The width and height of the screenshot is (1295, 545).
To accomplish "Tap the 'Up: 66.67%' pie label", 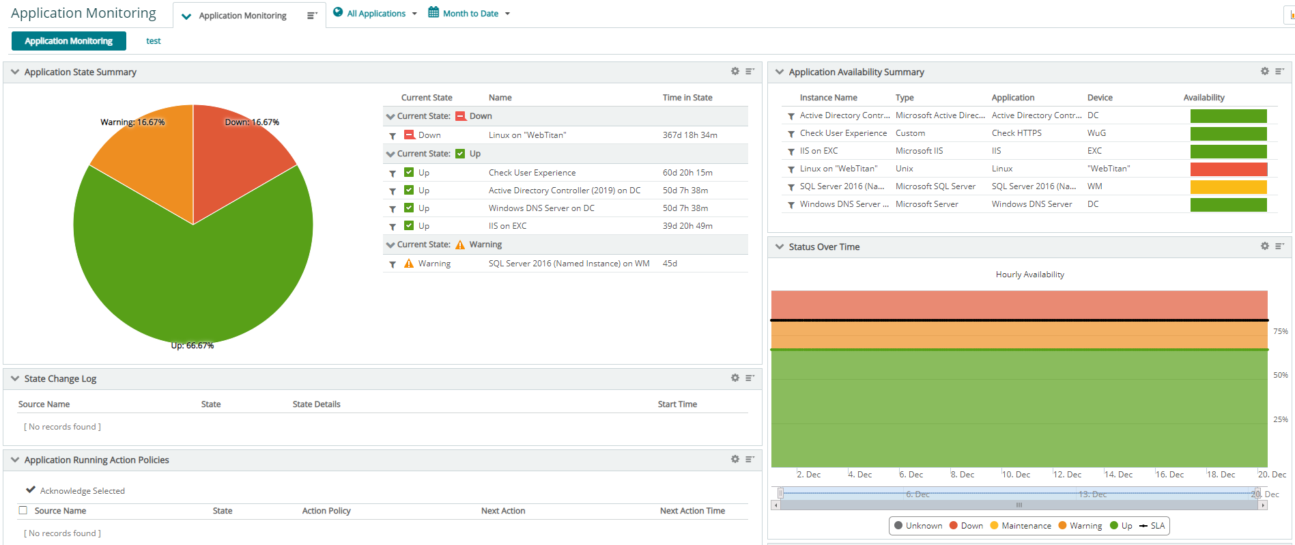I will [192, 346].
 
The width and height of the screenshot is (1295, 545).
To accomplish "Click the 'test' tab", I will [154, 41].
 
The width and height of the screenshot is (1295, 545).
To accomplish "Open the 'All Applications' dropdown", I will [375, 14].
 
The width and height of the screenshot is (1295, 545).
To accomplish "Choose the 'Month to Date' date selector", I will [470, 14].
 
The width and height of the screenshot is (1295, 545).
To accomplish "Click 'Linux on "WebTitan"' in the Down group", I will [527, 135].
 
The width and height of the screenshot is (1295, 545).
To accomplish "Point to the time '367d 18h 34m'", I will [689, 135].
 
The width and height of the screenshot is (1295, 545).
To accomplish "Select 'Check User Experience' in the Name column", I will [532, 173].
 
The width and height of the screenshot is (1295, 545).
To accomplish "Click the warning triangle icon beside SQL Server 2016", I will [409, 264].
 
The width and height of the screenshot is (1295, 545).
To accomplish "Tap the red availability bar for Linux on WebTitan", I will [1228, 169].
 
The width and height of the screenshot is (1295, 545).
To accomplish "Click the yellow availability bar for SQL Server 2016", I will [1228, 187].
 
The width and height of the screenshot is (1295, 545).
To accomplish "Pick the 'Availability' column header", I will [1204, 98].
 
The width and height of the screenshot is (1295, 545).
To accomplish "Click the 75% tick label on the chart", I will [1280, 331].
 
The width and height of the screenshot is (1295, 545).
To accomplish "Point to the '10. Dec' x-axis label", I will [1016, 475].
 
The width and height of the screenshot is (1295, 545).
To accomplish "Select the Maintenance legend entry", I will [1021, 526].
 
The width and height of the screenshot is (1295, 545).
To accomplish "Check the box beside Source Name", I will [23, 510].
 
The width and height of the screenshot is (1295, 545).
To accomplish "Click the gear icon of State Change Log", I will [735, 378].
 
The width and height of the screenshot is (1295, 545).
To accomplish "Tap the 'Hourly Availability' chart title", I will [1029, 275].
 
